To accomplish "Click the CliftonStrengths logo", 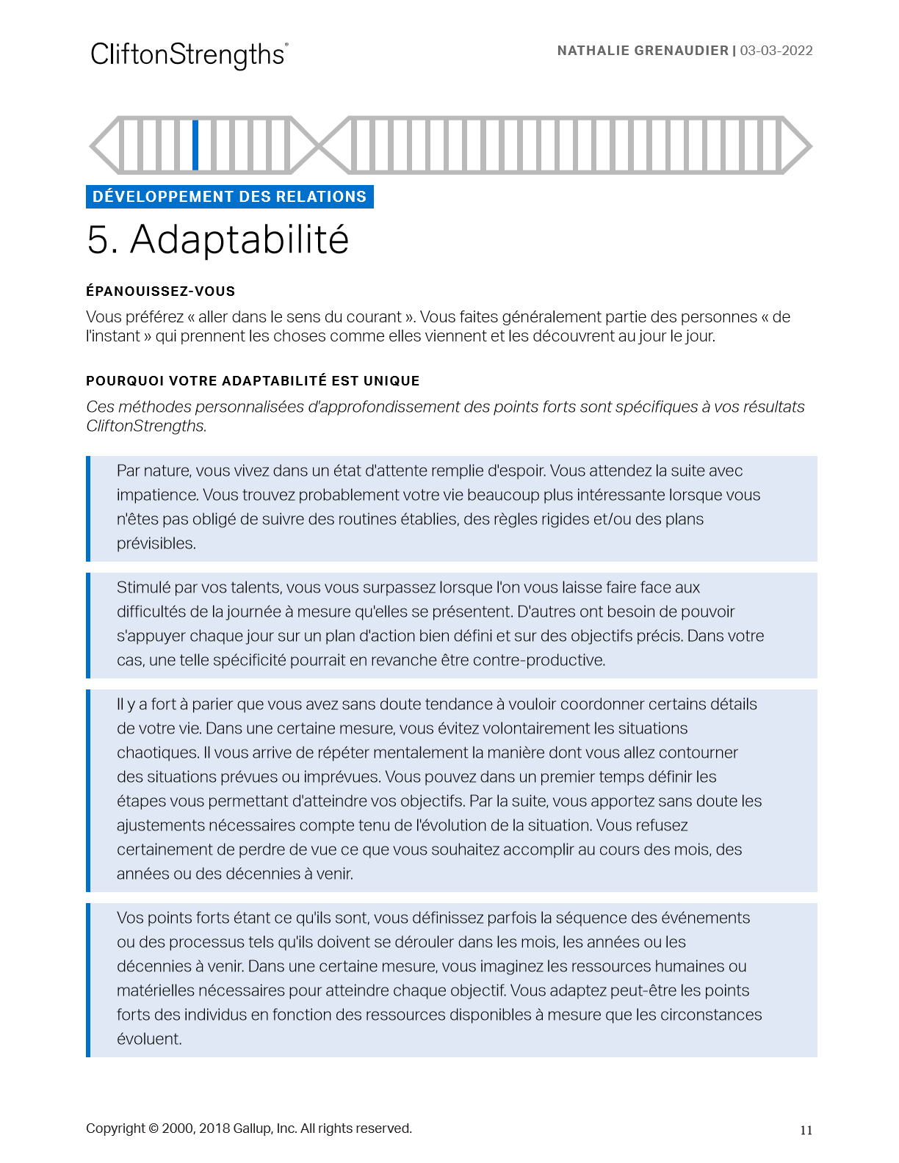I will tap(188, 55).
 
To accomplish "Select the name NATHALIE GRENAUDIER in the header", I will tap(643, 51).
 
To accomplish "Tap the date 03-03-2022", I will tap(776, 51).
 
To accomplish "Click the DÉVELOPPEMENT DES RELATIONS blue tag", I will tap(229, 197).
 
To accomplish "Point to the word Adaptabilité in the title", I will tap(239, 240).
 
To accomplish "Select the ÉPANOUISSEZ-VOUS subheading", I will tap(160, 291).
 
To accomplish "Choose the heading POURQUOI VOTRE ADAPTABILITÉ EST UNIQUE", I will tap(253, 381).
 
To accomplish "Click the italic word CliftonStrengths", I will tap(145, 426).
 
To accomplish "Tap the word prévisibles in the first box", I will tap(156, 543).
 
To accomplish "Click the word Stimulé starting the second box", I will tap(143, 587).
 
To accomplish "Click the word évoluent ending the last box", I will tap(148, 1039).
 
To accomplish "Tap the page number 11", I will tap(806, 1131).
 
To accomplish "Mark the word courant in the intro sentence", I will tap(375, 317).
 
